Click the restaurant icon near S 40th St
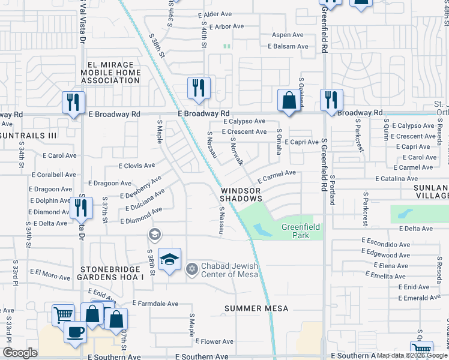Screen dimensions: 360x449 click(197, 88)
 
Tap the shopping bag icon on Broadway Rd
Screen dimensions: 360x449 click(289, 100)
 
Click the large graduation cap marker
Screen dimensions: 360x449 click(170, 260)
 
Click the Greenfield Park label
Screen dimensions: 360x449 click(295, 231)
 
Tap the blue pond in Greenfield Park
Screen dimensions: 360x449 click(262, 229)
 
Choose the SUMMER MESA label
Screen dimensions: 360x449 click(256, 308)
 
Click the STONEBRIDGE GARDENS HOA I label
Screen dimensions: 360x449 click(110, 273)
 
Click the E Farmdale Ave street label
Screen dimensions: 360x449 click(155, 304)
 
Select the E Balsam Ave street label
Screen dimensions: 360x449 click(288, 46)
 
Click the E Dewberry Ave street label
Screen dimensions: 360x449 click(140, 187)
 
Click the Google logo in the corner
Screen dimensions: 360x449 click(20, 352)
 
